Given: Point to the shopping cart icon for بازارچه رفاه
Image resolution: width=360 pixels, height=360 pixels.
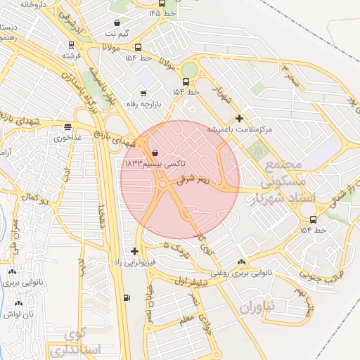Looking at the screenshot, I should click(x=143, y=93).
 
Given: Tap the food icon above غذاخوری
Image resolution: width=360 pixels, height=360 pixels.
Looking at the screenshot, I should click(x=67, y=127).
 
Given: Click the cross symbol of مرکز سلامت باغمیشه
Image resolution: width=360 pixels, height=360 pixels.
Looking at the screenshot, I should click(x=240, y=118).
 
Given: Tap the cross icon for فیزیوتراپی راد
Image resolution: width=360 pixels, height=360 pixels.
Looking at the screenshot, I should click(x=134, y=251).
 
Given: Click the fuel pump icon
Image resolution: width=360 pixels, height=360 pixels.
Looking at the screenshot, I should click(x=126, y=297).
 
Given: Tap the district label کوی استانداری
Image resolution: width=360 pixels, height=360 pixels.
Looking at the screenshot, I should click(x=77, y=342).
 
